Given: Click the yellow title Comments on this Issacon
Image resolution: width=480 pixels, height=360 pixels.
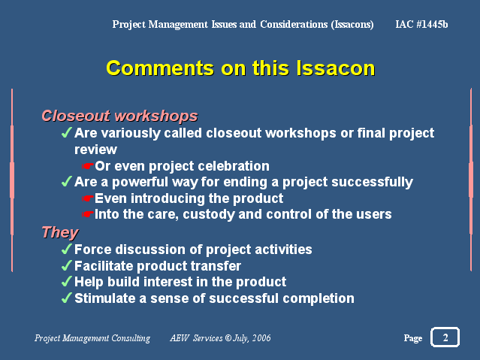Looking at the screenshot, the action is (240, 68).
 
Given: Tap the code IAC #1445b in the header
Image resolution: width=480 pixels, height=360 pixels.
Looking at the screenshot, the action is (421, 24).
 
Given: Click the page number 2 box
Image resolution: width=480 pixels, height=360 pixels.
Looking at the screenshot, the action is (445, 337).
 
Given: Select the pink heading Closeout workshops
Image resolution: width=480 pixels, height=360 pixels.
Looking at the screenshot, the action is (119, 116).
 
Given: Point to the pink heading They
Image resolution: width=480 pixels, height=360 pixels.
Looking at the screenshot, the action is (60, 232).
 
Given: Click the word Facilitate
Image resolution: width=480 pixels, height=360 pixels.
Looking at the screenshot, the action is (104, 265).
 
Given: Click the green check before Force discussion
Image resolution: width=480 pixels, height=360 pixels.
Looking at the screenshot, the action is (66, 249).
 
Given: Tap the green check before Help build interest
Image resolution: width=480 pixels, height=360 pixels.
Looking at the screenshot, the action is (66, 281).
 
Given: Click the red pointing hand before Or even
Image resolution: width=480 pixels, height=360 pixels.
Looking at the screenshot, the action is (88, 166).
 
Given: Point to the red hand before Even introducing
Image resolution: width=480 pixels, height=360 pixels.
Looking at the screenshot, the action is (88, 198).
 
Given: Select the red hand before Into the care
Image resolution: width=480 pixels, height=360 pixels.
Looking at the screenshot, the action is (88, 214).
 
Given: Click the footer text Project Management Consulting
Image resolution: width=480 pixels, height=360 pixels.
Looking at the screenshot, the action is (92, 338).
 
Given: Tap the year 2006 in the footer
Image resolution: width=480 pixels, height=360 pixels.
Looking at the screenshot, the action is (261, 338).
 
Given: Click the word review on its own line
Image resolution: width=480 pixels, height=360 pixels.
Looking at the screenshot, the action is (95, 150).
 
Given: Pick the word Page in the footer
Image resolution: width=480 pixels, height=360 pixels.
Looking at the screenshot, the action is (413, 338).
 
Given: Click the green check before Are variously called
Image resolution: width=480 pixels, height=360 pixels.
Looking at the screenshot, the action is (66, 133).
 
